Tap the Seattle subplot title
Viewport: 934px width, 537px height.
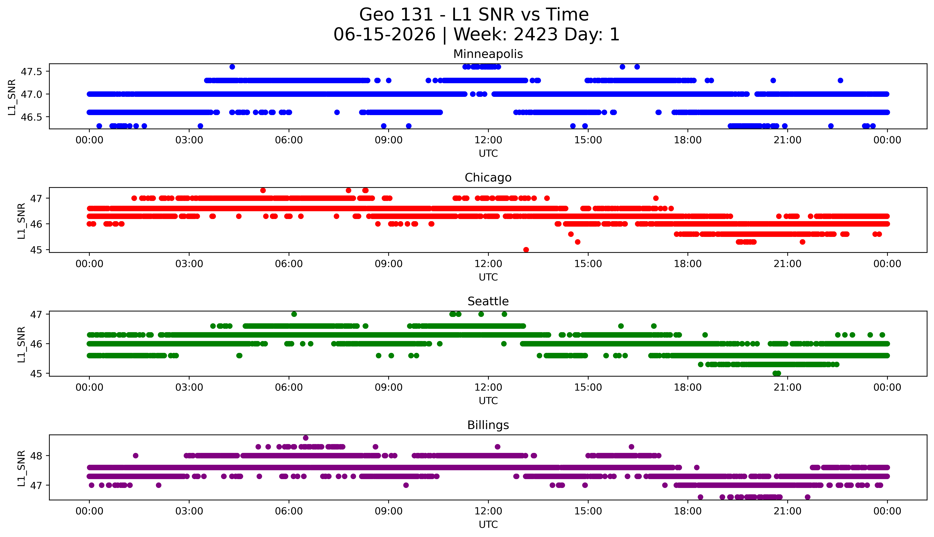(488, 301)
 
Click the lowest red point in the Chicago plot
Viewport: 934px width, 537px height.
(526, 250)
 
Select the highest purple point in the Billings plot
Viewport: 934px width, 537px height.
(306, 438)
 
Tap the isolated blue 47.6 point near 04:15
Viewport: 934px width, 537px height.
(232, 67)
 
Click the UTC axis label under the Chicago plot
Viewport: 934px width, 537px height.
(488, 277)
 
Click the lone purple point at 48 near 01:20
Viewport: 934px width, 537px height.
(136, 456)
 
